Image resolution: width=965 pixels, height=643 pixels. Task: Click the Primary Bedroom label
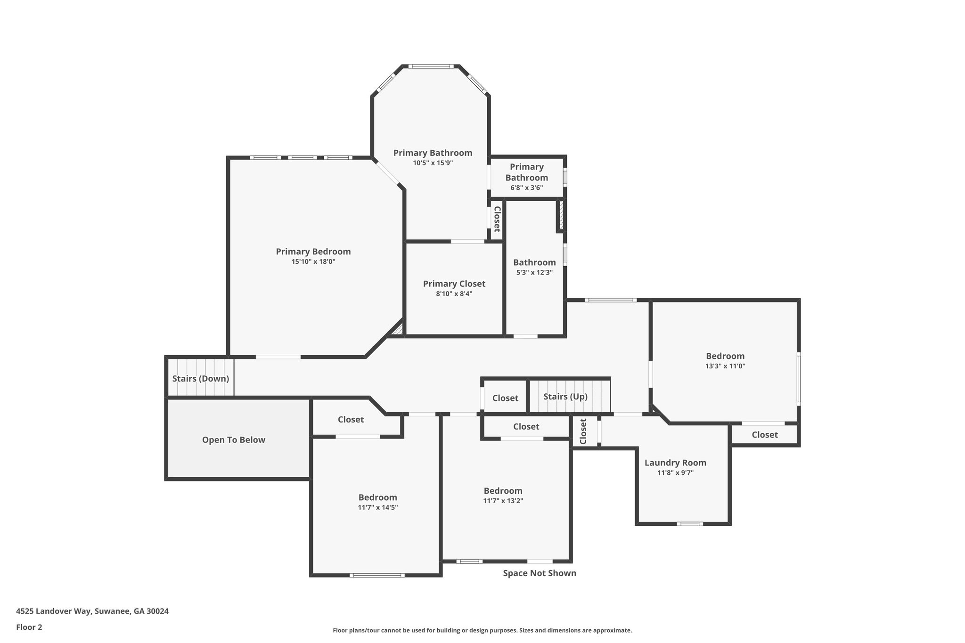pos(313,252)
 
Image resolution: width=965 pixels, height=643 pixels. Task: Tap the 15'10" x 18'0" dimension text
pos(313,262)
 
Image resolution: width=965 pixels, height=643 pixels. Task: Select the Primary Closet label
pos(454,284)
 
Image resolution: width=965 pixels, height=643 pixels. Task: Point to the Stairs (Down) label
pos(200,378)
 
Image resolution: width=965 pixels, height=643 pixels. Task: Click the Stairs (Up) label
pos(565,396)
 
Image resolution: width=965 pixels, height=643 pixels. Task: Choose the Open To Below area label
pos(233,440)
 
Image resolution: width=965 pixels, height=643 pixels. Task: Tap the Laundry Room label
pos(675,463)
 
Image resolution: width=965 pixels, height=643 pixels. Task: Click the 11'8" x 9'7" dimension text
pos(675,472)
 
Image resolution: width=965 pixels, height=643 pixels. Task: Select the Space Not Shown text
pos(539,573)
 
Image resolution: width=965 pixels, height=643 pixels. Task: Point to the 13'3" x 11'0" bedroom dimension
pos(725,366)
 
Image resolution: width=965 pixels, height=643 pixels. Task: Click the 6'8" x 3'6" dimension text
pos(526,187)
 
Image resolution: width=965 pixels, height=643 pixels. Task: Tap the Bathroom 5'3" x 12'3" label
pos(534,262)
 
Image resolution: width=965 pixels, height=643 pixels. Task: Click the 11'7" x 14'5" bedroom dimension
pos(377,507)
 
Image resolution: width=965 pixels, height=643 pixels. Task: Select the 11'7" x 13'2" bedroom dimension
pos(503,501)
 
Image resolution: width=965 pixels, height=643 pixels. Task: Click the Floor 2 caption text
pos(29,627)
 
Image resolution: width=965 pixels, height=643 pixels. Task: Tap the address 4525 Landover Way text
pos(92,611)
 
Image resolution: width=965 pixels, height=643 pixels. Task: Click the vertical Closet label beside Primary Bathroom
pos(496,219)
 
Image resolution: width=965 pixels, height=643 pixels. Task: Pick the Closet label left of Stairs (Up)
pos(505,398)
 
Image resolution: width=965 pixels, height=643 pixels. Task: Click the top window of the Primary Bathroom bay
pos(431,66)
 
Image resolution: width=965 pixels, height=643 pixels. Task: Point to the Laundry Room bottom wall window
pos(689,523)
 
